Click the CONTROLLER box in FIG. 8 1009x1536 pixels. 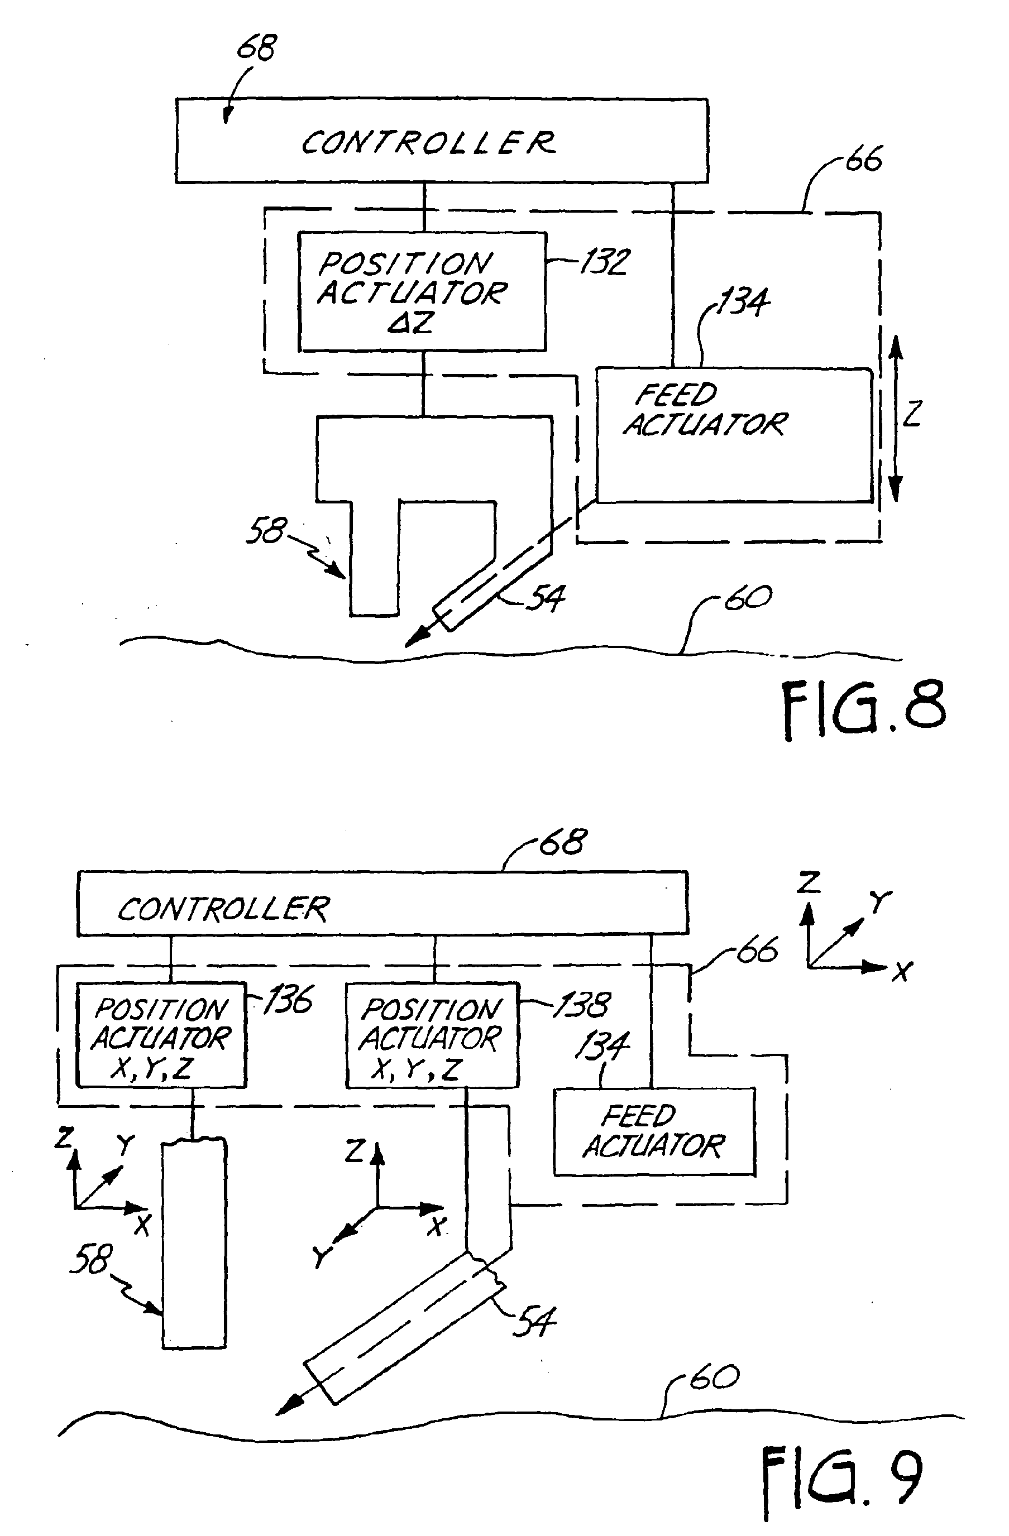(x=442, y=141)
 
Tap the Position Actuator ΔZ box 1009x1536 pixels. (x=422, y=292)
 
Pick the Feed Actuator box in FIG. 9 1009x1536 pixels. (x=654, y=1132)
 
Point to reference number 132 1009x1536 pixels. (x=604, y=262)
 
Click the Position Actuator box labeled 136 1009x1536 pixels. (x=161, y=1035)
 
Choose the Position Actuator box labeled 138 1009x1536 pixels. (x=432, y=1035)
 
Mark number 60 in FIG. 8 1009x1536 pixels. (x=748, y=598)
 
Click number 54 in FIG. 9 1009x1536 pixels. (x=534, y=1321)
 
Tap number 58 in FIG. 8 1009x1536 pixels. (x=265, y=530)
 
